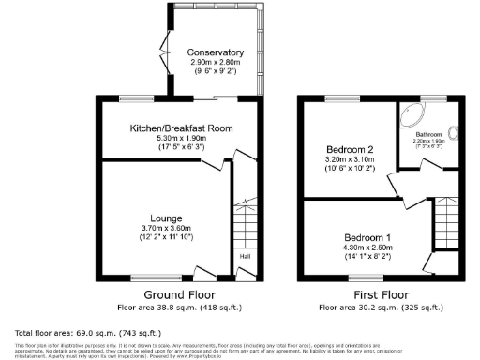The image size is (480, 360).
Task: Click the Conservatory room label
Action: [216, 52]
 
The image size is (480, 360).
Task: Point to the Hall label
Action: [244, 256]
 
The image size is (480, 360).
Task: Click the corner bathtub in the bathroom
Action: [412, 117]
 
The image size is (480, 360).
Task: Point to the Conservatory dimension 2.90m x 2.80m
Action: [216, 62]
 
